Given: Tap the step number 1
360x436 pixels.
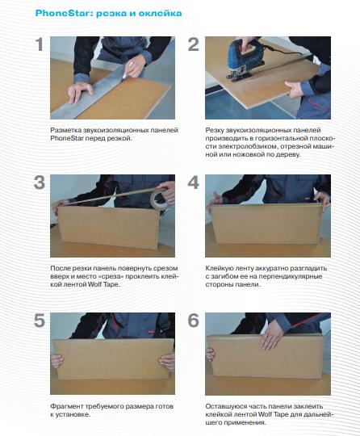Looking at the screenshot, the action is pyautogui.click(x=40, y=44).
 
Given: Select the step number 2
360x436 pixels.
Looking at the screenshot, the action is pyautogui.click(x=194, y=44).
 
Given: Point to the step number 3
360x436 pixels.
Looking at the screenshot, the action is pyautogui.click(x=40, y=182).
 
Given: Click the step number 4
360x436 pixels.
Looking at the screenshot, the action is pyautogui.click(x=194, y=182).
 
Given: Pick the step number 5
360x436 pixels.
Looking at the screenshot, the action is pyautogui.click(x=40, y=321).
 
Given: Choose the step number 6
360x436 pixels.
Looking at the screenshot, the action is pyautogui.click(x=194, y=321).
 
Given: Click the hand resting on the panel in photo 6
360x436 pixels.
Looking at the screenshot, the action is pyautogui.click(x=271, y=337).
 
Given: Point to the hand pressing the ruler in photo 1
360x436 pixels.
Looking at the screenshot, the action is pyautogui.click(x=79, y=92).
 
